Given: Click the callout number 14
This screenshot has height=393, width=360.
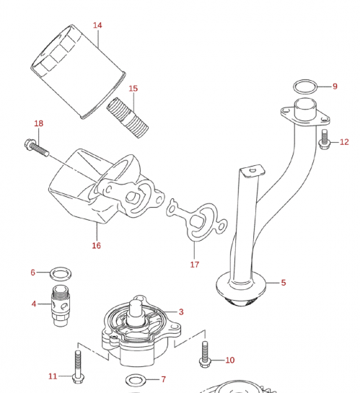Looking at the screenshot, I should [x=97, y=25].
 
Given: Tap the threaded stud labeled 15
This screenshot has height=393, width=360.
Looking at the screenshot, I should [x=128, y=118].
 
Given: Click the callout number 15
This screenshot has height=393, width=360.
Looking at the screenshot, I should [x=133, y=89].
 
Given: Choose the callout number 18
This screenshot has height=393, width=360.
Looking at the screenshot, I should [x=38, y=124].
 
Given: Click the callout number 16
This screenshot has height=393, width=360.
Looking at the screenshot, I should [x=96, y=245].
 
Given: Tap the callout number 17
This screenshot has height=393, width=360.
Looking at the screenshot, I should [x=195, y=265].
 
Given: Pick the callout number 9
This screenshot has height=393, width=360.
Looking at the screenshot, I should [x=335, y=87].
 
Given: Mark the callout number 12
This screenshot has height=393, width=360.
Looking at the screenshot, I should [x=344, y=142].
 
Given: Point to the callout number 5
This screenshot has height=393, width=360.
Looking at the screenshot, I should [x=284, y=283].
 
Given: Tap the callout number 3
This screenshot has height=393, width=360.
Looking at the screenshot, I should [x=181, y=312].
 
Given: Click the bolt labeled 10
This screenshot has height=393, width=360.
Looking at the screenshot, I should [x=206, y=353].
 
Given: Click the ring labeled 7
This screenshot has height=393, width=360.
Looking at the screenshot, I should [x=133, y=379].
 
